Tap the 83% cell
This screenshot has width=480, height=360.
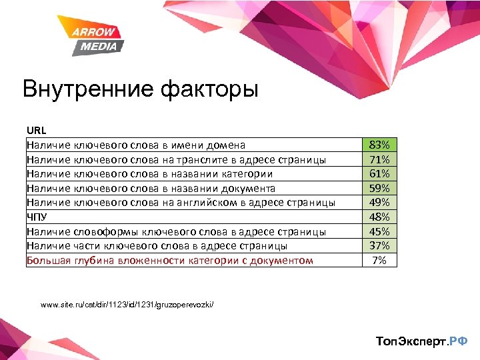[379, 145]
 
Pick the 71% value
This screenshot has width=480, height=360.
[379, 159]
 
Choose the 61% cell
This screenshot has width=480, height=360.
[379, 174]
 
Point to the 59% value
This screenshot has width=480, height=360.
[379, 188]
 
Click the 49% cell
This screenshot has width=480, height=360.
[379, 203]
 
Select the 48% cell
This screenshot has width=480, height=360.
[379, 217]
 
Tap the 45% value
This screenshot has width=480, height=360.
[379, 231]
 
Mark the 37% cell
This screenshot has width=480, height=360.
[379, 245]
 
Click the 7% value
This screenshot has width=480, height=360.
[379, 260]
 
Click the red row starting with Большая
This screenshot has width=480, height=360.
[169, 260]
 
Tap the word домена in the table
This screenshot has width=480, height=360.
[225, 145]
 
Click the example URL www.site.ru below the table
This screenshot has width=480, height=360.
[127, 305]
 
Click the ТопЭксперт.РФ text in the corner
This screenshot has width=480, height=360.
[421, 341]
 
